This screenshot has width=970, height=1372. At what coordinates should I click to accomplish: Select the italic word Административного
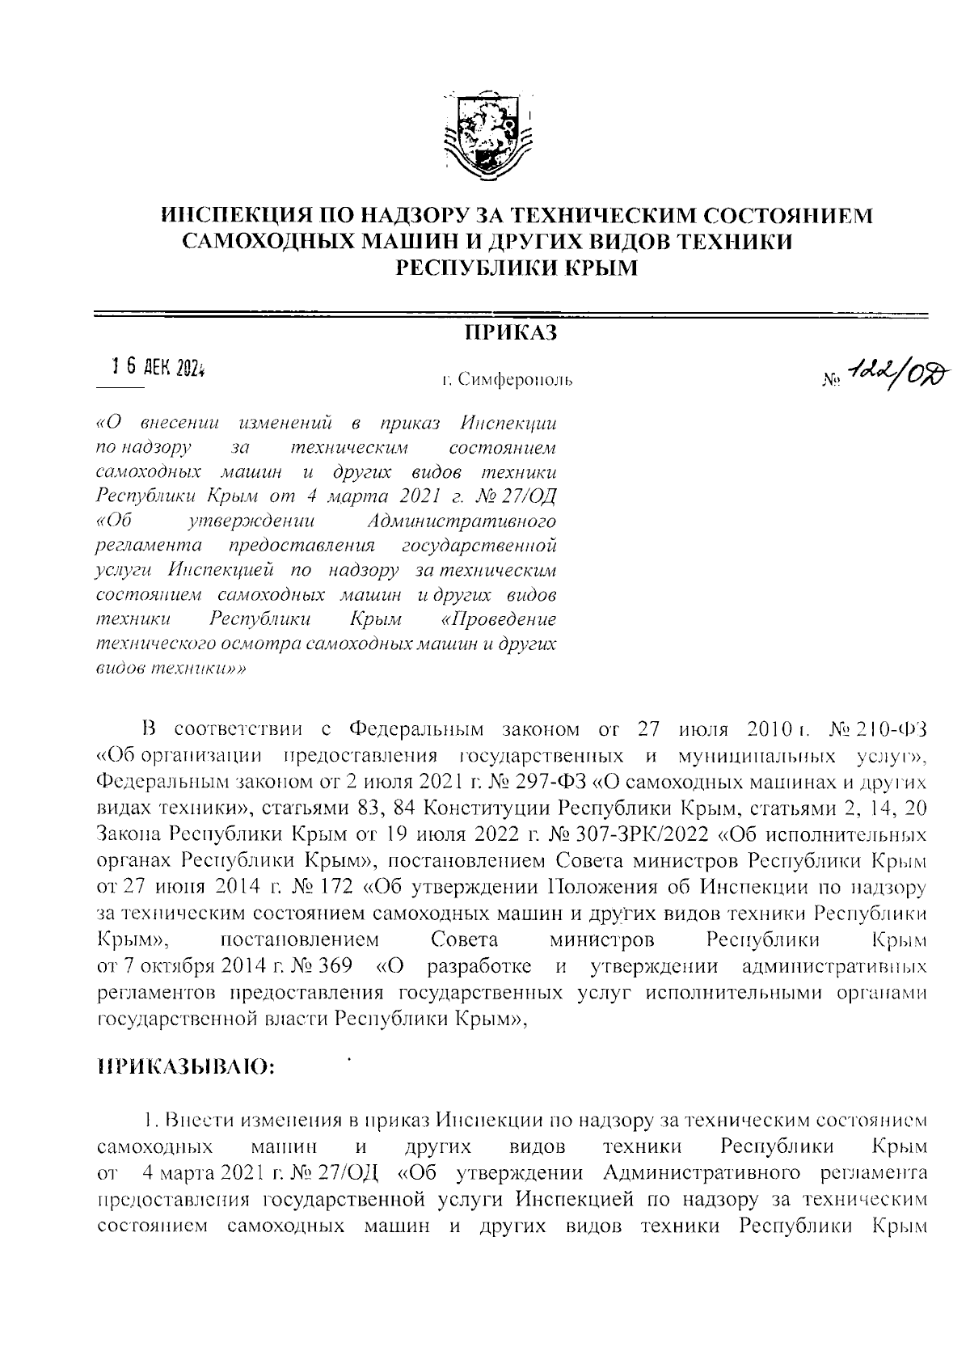[x=461, y=520]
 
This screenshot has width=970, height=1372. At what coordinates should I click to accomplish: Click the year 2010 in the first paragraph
[x=757, y=729]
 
